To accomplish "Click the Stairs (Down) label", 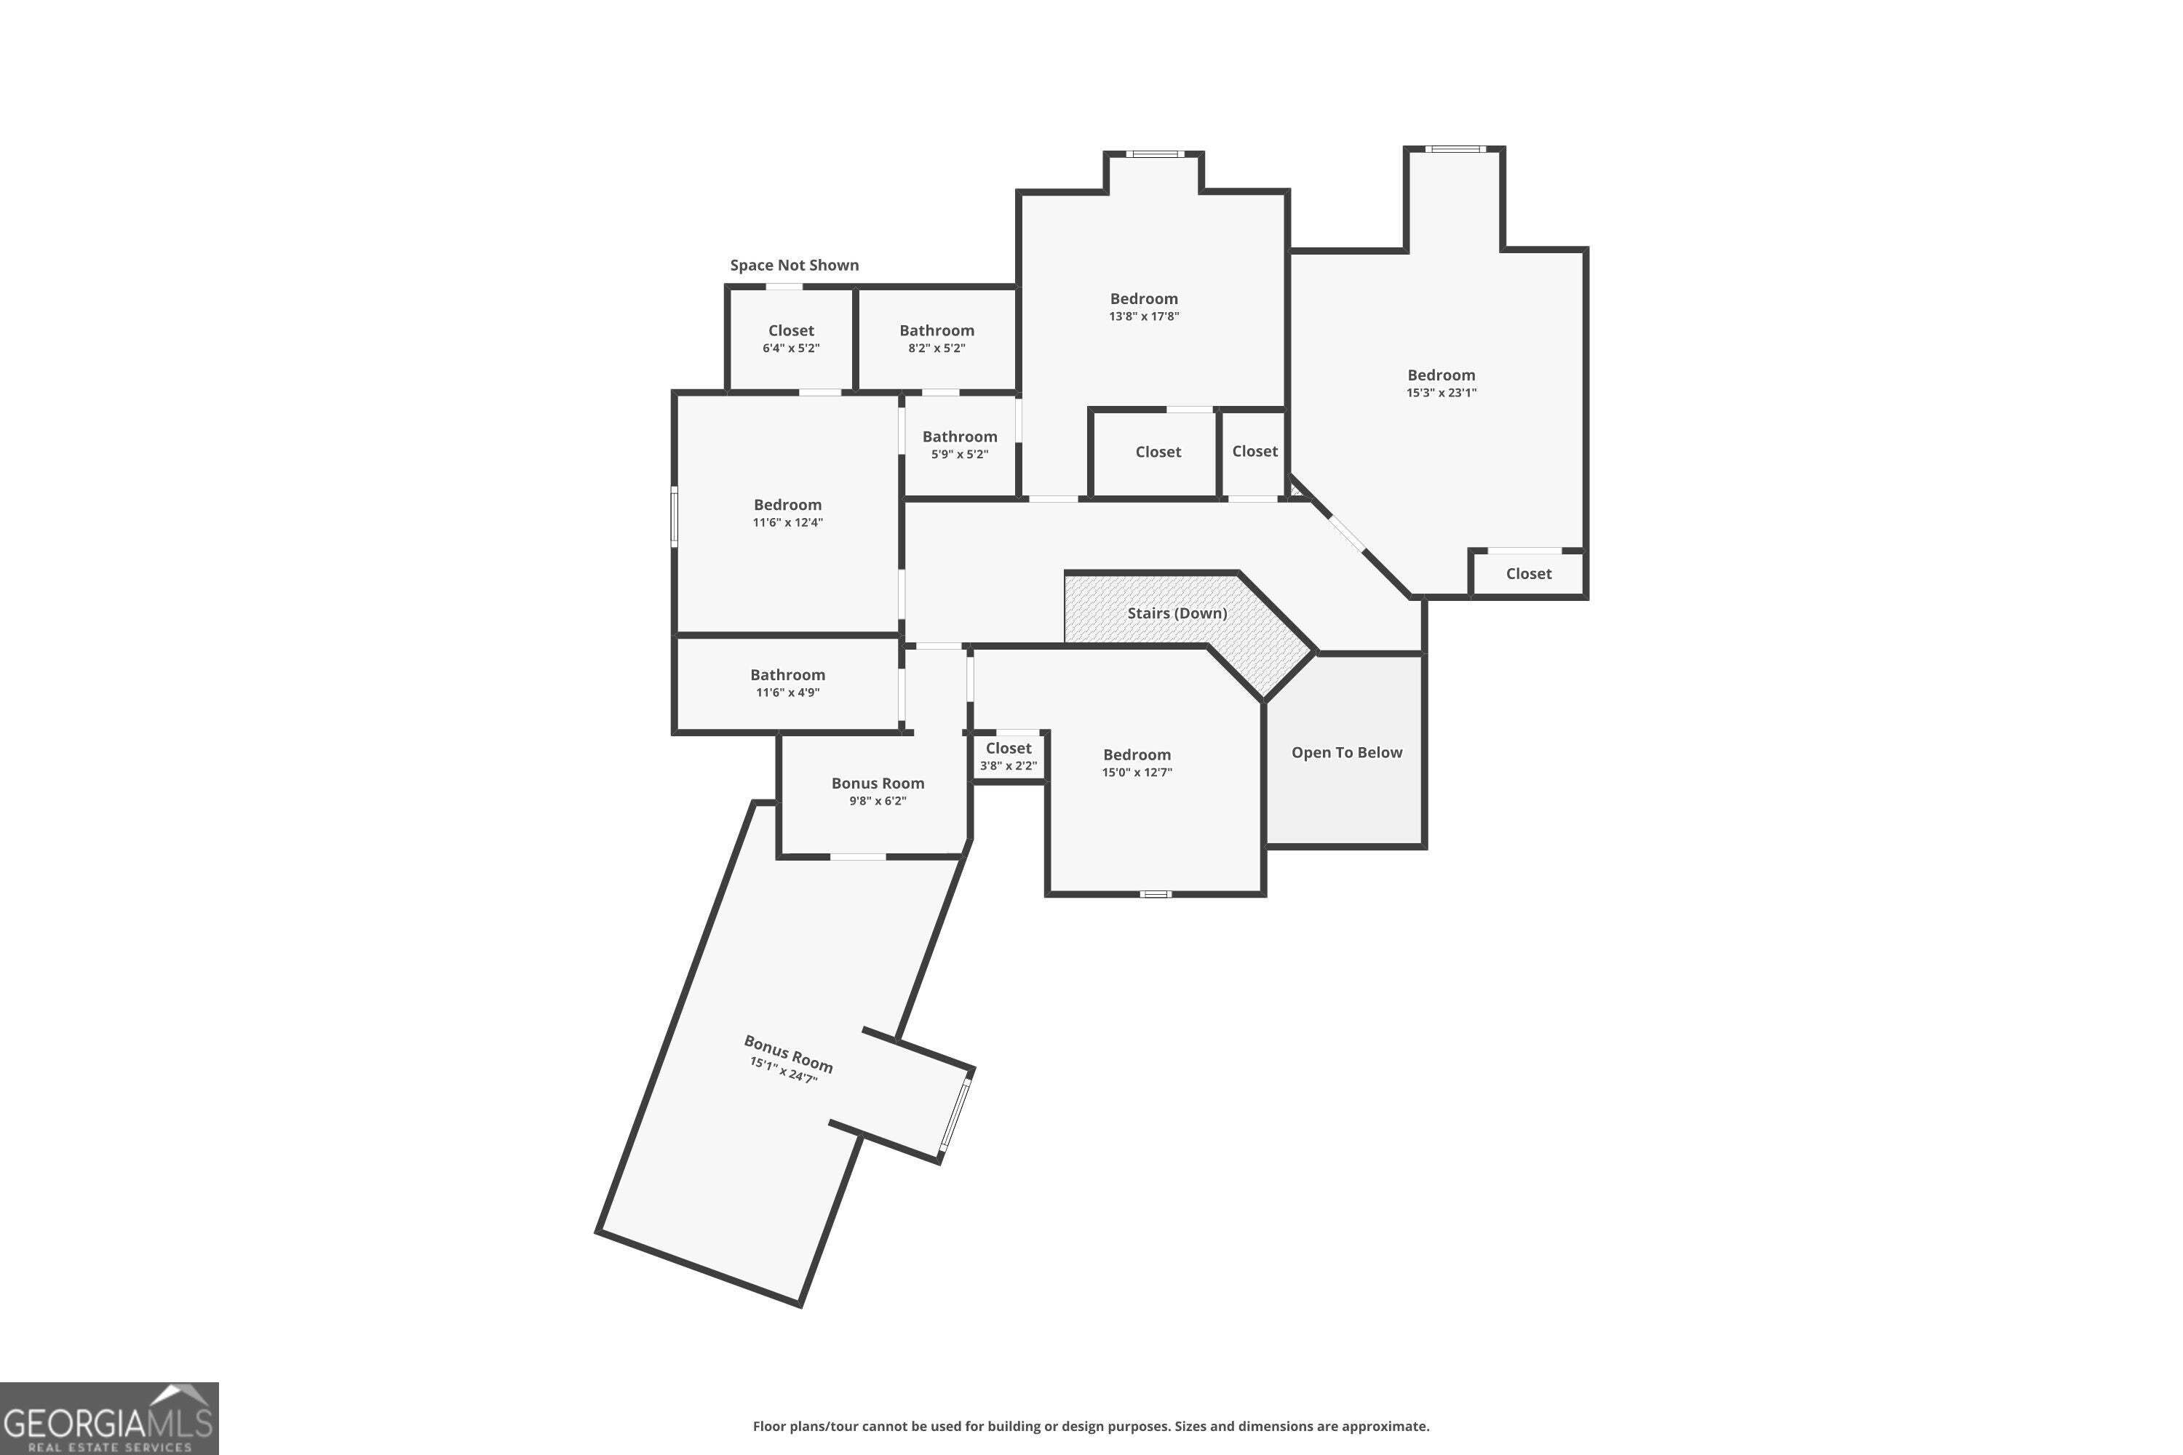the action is [x=1177, y=613].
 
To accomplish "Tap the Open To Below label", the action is [x=1347, y=752].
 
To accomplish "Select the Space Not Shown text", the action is [x=795, y=266].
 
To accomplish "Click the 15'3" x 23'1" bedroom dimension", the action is [x=1442, y=393].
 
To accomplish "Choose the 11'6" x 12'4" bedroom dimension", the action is [x=788, y=522].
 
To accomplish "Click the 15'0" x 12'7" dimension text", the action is [x=1137, y=772].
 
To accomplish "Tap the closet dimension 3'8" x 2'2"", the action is [x=1009, y=765].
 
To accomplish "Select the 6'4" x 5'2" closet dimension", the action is [x=792, y=348].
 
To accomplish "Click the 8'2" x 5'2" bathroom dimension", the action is [x=937, y=348].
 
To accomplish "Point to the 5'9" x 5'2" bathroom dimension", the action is [x=960, y=454].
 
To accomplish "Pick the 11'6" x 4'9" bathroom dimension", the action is [x=788, y=693].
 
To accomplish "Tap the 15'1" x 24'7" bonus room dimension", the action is [x=784, y=1071].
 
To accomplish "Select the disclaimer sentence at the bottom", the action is [x=1091, y=1426].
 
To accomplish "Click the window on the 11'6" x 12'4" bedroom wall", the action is [x=675, y=517].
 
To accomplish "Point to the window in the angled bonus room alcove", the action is [x=956, y=1115].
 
